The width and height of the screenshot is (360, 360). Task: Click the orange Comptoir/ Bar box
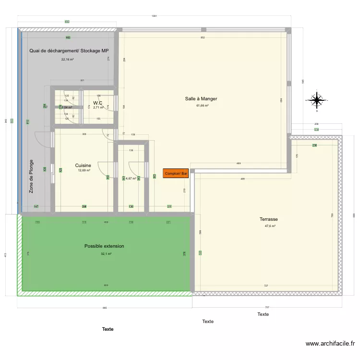pos(176,173)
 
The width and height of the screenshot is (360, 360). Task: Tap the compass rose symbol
pos(317,100)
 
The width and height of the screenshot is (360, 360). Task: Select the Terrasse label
pos(269,219)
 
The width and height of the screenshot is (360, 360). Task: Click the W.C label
pos(98,103)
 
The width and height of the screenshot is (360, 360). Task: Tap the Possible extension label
pos(104,246)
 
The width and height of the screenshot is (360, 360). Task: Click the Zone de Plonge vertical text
pos(32,177)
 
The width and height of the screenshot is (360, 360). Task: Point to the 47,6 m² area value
pos(270,226)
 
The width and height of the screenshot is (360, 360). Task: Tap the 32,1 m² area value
pos(106,254)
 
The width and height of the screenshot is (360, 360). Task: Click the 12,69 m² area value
pos(84,170)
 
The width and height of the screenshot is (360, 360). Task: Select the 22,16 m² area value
pos(67,60)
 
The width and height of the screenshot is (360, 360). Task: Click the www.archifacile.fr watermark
pos(330,344)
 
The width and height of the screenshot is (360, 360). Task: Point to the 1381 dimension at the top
pos(154,16)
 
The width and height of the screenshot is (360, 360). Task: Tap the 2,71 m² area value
pos(98,108)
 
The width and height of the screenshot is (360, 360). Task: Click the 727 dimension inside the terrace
pos(265,286)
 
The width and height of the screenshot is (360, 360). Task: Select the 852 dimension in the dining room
pos(203,38)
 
